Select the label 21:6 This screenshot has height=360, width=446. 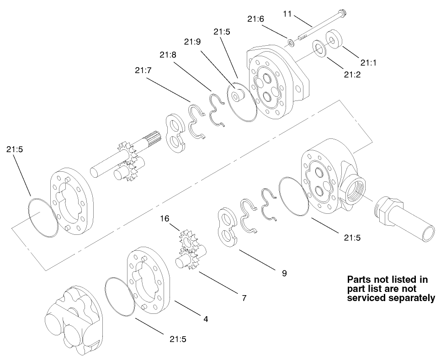click(x=255, y=20)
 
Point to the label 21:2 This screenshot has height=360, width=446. click(x=353, y=74)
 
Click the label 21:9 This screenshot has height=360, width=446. click(x=192, y=42)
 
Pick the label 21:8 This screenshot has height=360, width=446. click(x=168, y=55)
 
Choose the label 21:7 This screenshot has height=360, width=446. click(x=143, y=70)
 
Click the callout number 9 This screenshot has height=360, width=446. click(x=284, y=273)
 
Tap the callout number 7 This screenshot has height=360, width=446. click(x=244, y=298)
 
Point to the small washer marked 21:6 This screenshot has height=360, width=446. click(x=291, y=43)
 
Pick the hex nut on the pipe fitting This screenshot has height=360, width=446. click(x=383, y=213)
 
